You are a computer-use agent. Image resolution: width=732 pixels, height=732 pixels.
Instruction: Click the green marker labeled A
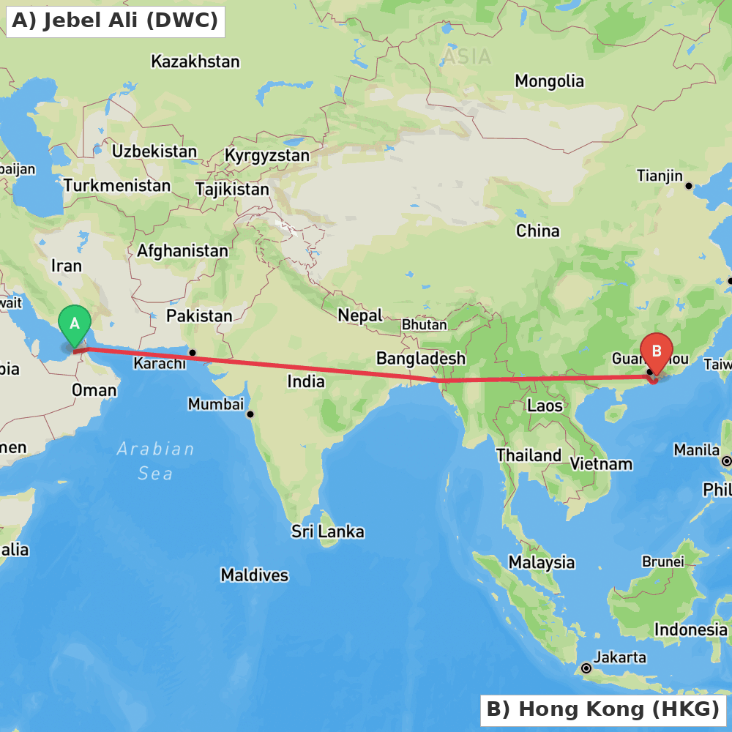pyautogui.click(x=74, y=324)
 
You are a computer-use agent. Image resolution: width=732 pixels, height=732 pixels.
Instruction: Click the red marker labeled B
pyautogui.click(x=656, y=352)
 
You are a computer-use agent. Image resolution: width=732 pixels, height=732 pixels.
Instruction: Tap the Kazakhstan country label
pyautogui.click(x=195, y=61)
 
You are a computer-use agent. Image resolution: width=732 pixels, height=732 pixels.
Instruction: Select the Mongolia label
pyautogui.click(x=549, y=81)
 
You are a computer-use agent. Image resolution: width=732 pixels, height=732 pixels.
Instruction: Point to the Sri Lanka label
pyautogui.click(x=327, y=531)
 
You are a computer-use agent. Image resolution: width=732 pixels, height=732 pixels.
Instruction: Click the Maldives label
pyautogui.click(x=255, y=575)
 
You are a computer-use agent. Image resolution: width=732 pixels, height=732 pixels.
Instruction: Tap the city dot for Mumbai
pyautogui.click(x=250, y=414)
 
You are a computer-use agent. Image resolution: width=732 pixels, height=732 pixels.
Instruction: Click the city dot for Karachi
pyautogui.click(x=193, y=353)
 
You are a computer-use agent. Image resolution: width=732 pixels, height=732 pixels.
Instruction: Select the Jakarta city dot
pyautogui.click(x=586, y=668)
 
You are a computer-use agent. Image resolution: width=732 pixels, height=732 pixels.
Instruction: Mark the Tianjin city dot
pyautogui.click(x=688, y=186)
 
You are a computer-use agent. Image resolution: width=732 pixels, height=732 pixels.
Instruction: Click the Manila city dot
pyautogui.click(x=726, y=461)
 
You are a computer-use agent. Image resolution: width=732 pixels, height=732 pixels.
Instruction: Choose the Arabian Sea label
pyautogui.click(x=156, y=461)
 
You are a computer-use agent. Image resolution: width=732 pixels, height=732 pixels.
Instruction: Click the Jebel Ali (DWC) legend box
pyautogui.click(x=115, y=20)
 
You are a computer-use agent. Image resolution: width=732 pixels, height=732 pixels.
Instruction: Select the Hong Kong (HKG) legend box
pyautogui.click(x=602, y=709)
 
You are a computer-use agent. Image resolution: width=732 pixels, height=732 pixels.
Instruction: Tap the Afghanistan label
pyautogui.click(x=182, y=251)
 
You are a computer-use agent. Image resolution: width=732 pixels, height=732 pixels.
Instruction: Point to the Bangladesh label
pyautogui.click(x=420, y=359)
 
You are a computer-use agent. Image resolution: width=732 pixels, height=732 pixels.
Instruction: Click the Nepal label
pyautogui.click(x=360, y=315)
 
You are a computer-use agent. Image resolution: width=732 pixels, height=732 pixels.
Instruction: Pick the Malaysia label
pyautogui.click(x=542, y=563)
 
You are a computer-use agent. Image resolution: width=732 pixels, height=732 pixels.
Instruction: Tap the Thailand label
pyautogui.click(x=529, y=455)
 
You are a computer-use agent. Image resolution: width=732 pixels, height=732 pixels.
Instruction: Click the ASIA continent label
pyautogui.click(x=466, y=57)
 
